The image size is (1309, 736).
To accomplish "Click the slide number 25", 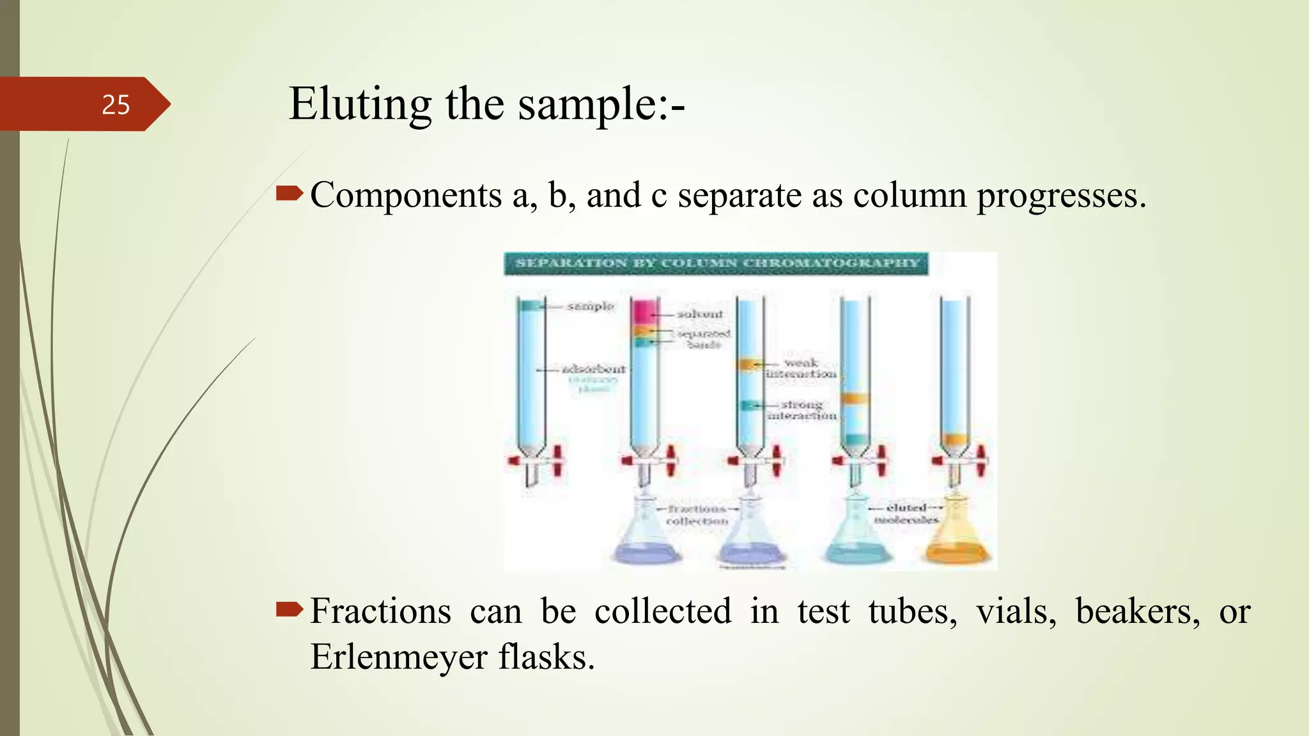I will (x=116, y=105).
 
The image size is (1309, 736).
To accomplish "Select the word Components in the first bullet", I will (x=406, y=195).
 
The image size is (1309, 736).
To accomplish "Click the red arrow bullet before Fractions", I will (x=289, y=611).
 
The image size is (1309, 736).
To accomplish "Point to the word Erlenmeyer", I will (x=398, y=657).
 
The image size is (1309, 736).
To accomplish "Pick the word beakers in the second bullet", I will (x=1138, y=611).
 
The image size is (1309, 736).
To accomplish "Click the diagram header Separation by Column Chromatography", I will (x=716, y=263).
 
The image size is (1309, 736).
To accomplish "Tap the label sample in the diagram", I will (x=591, y=307).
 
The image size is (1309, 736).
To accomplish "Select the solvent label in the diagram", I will (x=700, y=314).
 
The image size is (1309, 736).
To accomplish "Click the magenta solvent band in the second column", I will (x=645, y=311).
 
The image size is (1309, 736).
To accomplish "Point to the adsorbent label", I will (x=594, y=369).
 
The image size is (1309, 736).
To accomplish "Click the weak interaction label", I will (x=802, y=369).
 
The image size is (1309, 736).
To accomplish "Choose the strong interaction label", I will (x=802, y=410).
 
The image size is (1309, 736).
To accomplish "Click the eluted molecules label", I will (x=906, y=514).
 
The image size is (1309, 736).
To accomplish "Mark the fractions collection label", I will (x=697, y=515).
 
